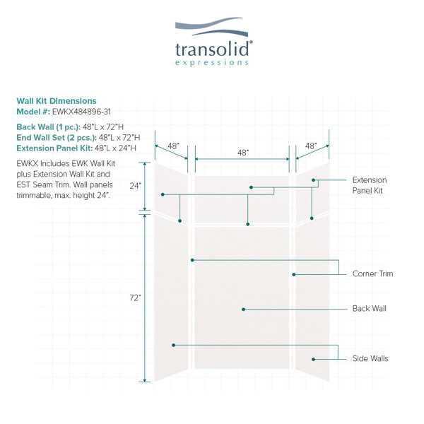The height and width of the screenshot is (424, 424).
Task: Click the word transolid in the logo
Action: (212, 49)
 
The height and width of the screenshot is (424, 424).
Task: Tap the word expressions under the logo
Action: (212, 63)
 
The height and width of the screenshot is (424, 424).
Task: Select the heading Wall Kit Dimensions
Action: (57, 101)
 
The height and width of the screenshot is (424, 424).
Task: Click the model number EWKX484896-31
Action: (81, 112)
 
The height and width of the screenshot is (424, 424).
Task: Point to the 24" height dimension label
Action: (136, 186)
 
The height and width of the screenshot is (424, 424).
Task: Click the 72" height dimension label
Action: (136, 298)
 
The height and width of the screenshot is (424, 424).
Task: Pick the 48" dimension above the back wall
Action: (243, 153)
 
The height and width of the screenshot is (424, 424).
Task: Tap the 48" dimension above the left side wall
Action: (173, 146)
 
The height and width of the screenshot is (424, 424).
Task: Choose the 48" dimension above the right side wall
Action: (311, 146)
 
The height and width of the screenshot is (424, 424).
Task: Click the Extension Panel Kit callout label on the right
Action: (370, 185)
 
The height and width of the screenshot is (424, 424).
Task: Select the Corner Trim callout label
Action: (372, 273)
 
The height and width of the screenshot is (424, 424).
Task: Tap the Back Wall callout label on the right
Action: (370, 309)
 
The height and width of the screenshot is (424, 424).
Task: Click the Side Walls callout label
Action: (370, 358)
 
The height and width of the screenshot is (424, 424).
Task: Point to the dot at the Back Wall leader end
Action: (243, 310)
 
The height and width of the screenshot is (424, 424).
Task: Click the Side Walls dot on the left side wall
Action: (174, 346)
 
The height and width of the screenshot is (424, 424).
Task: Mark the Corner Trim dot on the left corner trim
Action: (192, 260)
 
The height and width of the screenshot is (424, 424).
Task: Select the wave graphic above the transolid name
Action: (211, 27)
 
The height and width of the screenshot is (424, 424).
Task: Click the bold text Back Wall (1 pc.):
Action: (48, 126)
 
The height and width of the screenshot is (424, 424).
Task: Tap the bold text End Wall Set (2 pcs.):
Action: (57, 138)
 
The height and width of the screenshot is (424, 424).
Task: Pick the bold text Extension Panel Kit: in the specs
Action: (54, 148)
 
